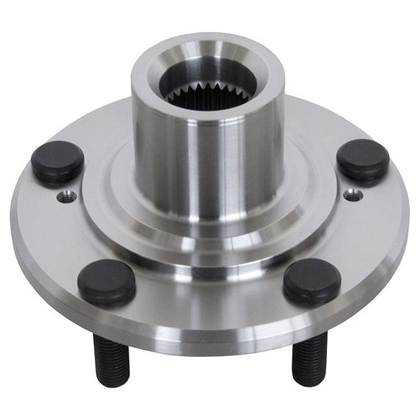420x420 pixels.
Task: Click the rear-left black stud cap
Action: pyautogui.click(x=58, y=161)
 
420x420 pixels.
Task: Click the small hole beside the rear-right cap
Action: pyautogui.click(x=350, y=194)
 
